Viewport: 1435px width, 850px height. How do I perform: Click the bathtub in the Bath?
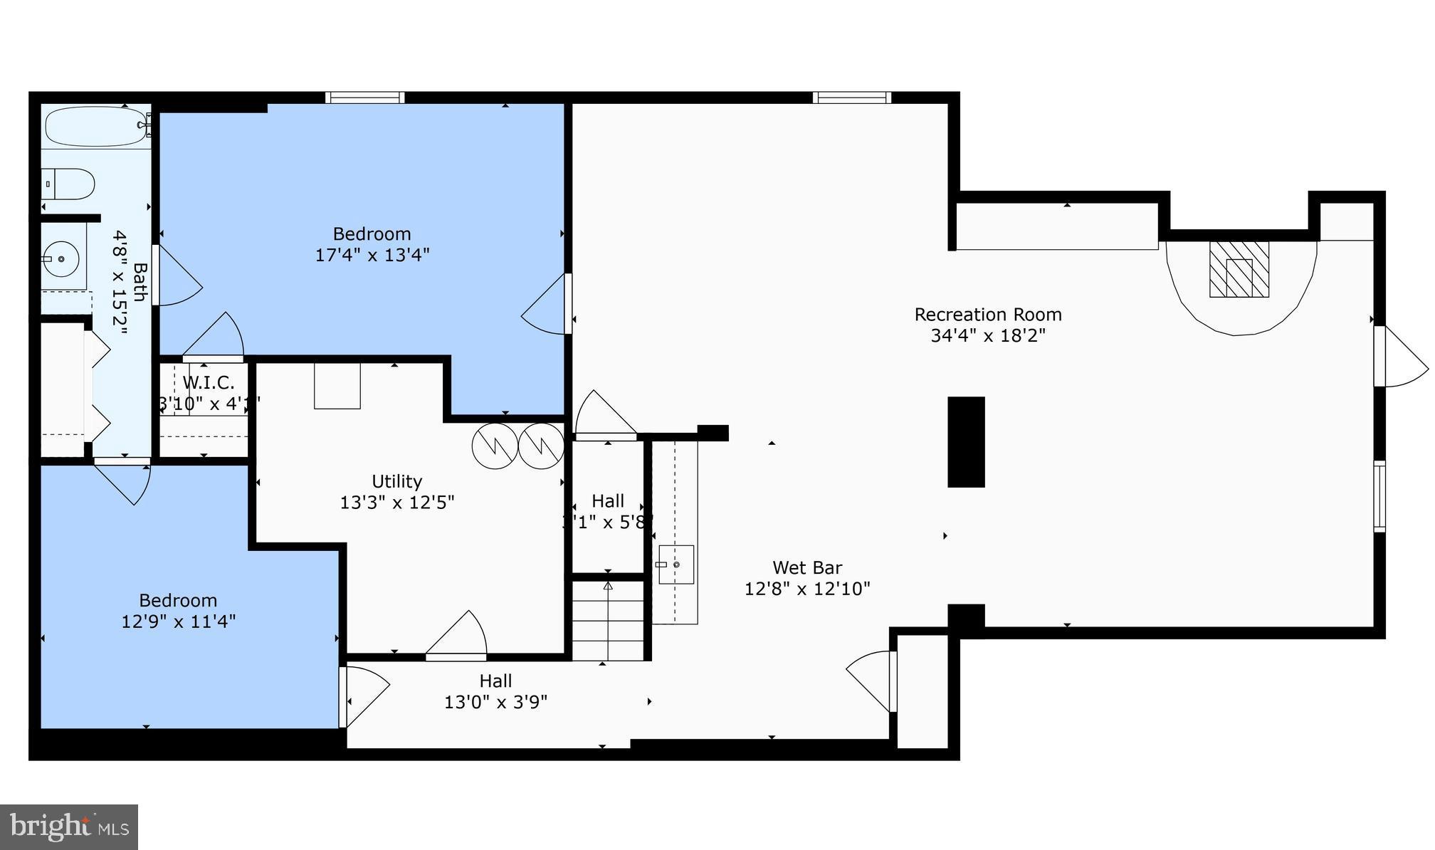click(97, 126)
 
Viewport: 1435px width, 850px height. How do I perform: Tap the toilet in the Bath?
click(69, 184)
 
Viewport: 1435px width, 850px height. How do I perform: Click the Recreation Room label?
click(987, 315)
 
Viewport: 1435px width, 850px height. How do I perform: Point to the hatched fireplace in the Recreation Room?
click(1239, 269)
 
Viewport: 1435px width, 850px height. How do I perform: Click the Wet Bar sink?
click(676, 565)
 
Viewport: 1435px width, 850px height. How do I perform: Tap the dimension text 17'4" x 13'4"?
click(372, 255)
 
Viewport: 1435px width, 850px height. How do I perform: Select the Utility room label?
click(396, 482)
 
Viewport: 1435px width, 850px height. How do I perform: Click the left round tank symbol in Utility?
click(495, 446)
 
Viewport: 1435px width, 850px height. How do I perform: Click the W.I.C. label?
click(208, 383)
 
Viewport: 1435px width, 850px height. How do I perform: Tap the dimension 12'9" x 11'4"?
click(178, 621)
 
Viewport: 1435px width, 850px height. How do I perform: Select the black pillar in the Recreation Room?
click(966, 442)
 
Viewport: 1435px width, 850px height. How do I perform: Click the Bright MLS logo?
click(69, 827)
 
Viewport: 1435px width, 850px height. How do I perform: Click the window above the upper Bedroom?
click(365, 98)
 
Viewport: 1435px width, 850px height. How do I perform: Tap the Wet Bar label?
click(807, 568)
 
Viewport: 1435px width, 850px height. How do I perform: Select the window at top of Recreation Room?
click(852, 98)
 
